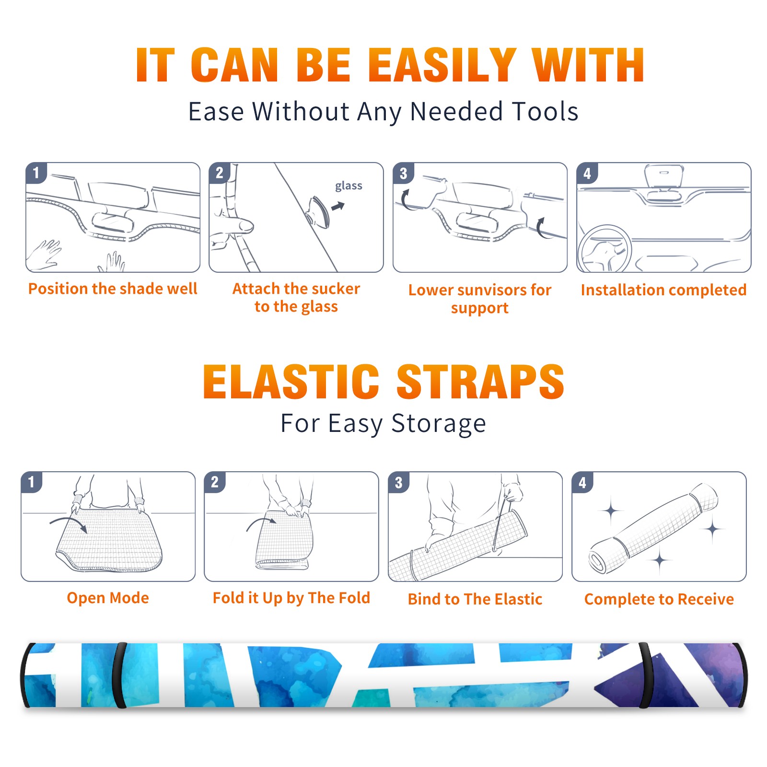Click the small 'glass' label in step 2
pyautogui.click(x=349, y=186)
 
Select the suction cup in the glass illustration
pyautogui.click(x=318, y=211)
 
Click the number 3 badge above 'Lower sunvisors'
pyautogui.click(x=403, y=173)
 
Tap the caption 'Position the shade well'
pyautogui.click(x=113, y=289)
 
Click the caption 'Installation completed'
pyautogui.click(x=663, y=290)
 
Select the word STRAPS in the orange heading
pyautogui.click(x=480, y=382)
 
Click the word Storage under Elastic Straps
pyautogui.click(x=439, y=424)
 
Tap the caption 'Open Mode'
pyautogui.click(x=108, y=598)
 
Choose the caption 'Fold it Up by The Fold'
pyautogui.click(x=291, y=598)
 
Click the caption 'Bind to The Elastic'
pyautogui.click(x=475, y=599)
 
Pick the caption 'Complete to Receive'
pyautogui.click(x=659, y=599)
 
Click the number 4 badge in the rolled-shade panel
pyautogui.click(x=582, y=482)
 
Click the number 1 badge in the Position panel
pyautogui.click(x=36, y=173)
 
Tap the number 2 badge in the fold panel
pyautogui.click(x=214, y=482)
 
